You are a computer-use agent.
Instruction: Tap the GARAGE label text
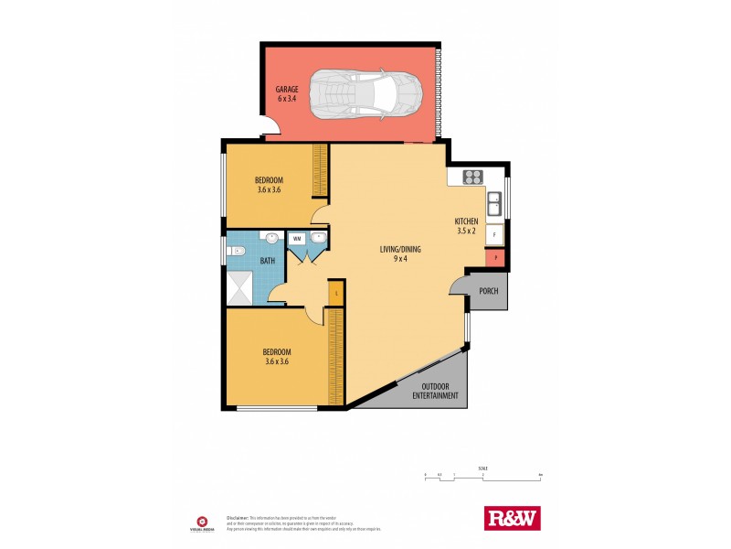(288, 90)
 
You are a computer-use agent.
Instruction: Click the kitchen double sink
(493, 202)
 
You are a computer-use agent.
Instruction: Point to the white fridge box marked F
(494, 235)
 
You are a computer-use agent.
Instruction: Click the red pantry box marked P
(494, 259)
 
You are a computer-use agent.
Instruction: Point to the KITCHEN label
(467, 222)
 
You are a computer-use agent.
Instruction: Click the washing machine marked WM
(297, 238)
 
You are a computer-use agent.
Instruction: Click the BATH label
(267, 261)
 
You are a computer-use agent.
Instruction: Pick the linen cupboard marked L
(336, 293)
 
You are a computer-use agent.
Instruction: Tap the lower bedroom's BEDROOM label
(276, 352)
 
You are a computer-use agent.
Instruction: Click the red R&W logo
(512, 518)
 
